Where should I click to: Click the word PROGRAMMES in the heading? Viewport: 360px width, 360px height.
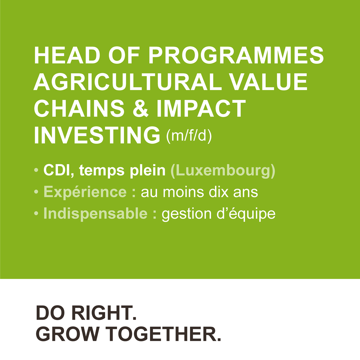click(236, 55)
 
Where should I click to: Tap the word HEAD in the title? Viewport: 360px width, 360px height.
click(67, 55)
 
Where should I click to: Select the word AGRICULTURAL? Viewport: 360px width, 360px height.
click(127, 82)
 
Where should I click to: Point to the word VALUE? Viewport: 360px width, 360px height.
click(268, 82)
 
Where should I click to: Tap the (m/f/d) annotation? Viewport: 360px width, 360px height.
click(189, 136)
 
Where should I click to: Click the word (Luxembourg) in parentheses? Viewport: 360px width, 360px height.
click(223, 171)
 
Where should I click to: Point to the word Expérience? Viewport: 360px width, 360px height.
click(85, 192)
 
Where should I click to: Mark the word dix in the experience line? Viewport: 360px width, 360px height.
click(219, 192)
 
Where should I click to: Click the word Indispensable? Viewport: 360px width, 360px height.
click(95, 214)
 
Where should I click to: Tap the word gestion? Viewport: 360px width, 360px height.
click(187, 214)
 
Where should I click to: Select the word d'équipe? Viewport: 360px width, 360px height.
click(246, 214)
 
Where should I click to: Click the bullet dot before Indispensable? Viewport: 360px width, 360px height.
click(36, 214)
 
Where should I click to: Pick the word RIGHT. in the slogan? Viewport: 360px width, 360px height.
click(104, 313)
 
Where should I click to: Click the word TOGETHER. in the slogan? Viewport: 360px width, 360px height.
click(163, 334)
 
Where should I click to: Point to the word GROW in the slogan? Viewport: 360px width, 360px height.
click(67, 334)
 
